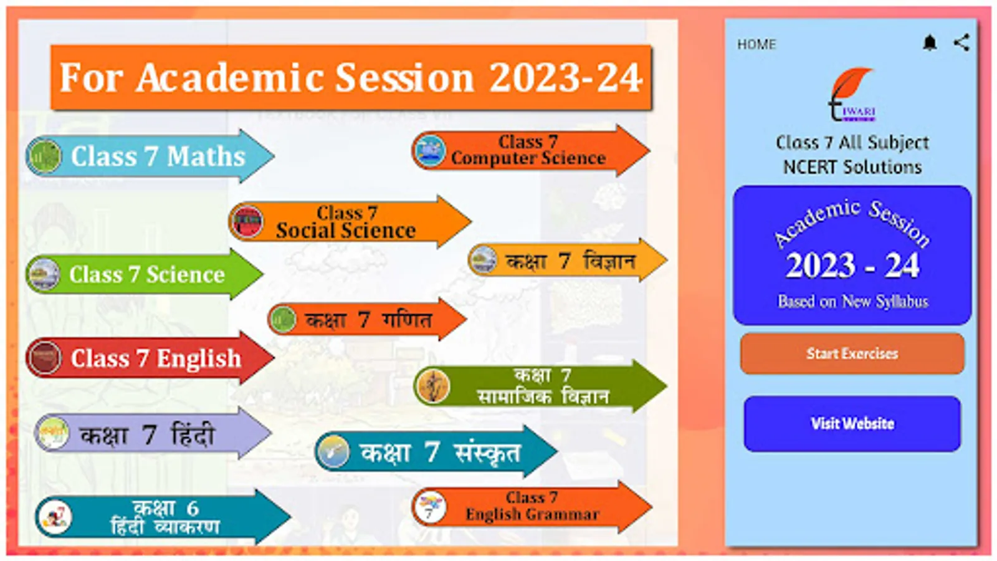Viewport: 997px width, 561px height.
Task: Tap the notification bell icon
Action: [x=930, y=43]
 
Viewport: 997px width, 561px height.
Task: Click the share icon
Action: [x=961, y=43]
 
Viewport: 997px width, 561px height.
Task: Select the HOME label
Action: [x=756, y=44]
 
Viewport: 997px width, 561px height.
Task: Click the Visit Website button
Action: [x=852, y=423]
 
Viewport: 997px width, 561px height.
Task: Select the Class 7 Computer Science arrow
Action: [x=531, y=150]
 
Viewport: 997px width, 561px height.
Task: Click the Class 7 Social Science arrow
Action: [x=350, y=221]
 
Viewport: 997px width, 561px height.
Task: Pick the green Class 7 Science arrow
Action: [x=145, y=274]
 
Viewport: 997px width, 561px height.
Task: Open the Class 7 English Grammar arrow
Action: [x=532, y=507]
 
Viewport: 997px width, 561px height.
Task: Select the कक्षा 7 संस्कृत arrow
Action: [x=436, y=451]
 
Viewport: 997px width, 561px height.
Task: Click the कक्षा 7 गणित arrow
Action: [x=367, y=319]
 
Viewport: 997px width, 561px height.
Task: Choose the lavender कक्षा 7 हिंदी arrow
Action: [x=153, y=433]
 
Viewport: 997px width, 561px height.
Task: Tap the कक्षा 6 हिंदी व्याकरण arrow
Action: [x=163, y=517]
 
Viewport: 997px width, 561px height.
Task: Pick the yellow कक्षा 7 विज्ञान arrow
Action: [x=568, y=260]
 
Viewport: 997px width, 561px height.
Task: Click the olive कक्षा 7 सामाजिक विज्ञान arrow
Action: [x=540, y=386]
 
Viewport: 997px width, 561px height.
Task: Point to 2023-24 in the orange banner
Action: [x=566, y=77]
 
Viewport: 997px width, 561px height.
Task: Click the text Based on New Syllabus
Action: [x=853, y=302]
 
